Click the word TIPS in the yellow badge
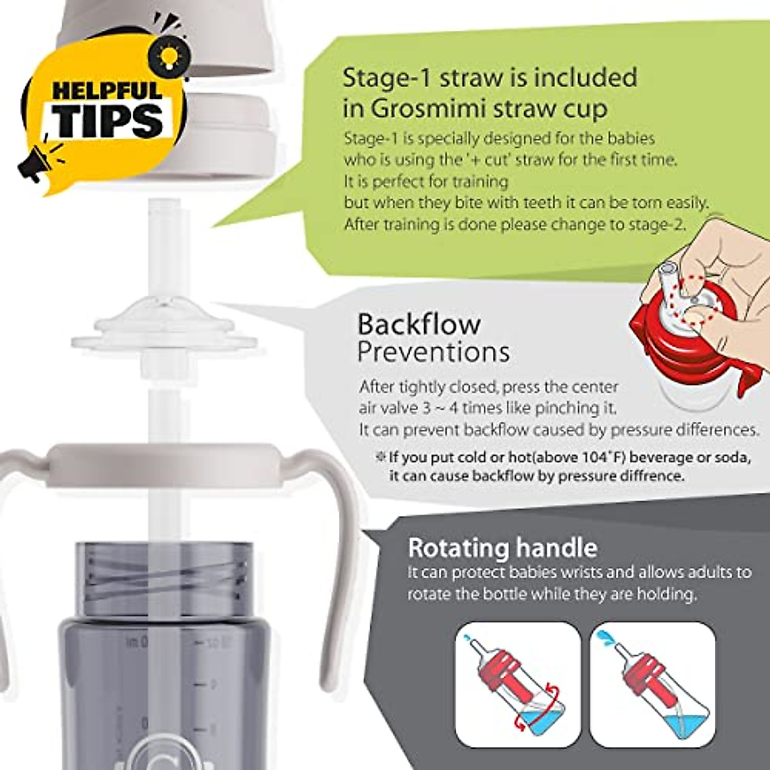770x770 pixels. click(110, 120)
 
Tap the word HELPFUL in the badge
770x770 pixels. click(107, 90)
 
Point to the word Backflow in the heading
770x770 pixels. click(418, 324)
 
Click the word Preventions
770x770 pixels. click(433, 352)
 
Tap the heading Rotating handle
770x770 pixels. click(502, 548)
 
